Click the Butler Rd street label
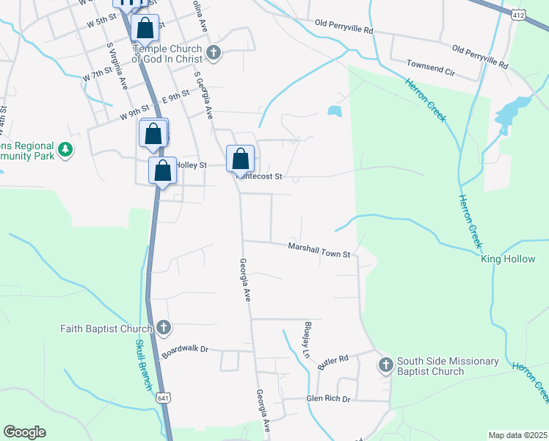(332, 362)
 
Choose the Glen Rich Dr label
(328, 399)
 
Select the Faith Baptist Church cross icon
(163, 328)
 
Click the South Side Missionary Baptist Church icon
(386, 365)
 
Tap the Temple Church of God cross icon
(214, 53)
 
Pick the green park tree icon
(66, 149)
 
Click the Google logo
(24, 432)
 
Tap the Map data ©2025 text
(517, 435)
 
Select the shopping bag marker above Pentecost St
(241, 158)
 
